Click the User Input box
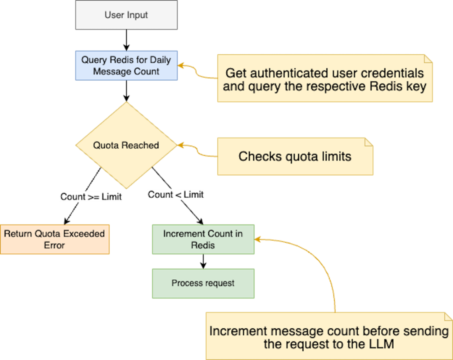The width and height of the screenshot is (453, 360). [x=126, y=15]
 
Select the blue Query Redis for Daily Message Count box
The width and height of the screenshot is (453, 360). [x=126, y=65]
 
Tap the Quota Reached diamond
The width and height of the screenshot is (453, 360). [x=126, y=145]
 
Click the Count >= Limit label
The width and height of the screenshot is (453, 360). [x=91, y=197]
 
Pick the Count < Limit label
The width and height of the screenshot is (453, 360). [x=176, y=194]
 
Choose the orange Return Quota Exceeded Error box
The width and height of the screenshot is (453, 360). [x=54, y=239]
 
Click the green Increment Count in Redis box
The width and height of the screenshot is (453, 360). [x=203, y=239]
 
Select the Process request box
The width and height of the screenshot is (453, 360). [x=203, y=283]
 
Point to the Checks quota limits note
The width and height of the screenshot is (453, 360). [x=295, y=157]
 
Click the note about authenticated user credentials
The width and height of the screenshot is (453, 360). [x=325, y=79]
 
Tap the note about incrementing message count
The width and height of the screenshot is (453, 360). [x=329, y=337]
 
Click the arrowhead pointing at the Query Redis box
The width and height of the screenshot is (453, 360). [x=182, y=66]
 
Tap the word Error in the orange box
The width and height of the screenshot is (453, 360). [x=54, y=245]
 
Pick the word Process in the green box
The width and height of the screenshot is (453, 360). [x=184, y=283]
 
